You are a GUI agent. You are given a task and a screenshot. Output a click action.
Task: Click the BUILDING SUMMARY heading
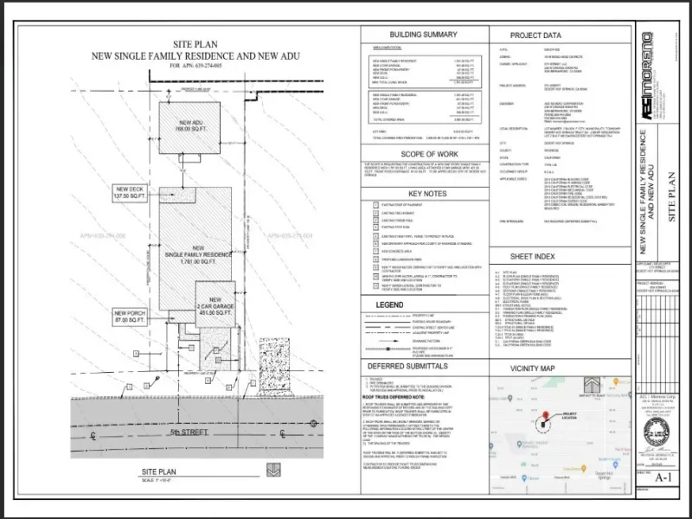point(423,35)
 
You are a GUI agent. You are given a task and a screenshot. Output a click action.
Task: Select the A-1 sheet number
point(663,477)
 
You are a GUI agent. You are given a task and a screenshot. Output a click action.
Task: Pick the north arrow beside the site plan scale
point(273,471)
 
